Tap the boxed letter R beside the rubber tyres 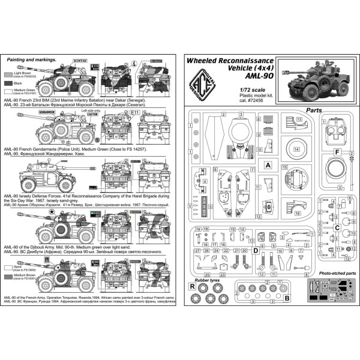point(191,287)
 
